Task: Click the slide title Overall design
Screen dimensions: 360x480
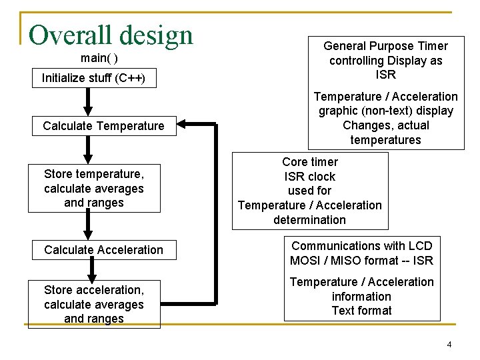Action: pos(111,35)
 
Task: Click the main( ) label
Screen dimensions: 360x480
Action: pos(99,58)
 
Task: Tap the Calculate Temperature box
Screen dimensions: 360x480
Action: pos(103,126)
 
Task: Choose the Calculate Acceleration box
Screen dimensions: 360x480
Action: pos(103,250)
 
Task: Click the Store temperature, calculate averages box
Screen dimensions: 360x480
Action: pos(94,188)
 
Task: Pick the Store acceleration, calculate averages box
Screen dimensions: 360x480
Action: pos(94,304)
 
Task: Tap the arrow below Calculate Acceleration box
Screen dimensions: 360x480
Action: pos(93,269)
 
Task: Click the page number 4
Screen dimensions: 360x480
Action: pos(449,345)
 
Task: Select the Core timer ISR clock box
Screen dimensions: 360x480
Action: pos(310,191)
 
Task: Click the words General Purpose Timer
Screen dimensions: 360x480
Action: pos(385,46)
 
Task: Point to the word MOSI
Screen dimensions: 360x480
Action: pos(305,261)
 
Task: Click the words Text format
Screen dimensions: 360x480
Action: pos(361,311)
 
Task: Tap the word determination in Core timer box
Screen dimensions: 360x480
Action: pos(309,220)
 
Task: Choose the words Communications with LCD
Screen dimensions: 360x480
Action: pos(361,246)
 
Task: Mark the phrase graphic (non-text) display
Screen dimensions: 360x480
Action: pos(386,111)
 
